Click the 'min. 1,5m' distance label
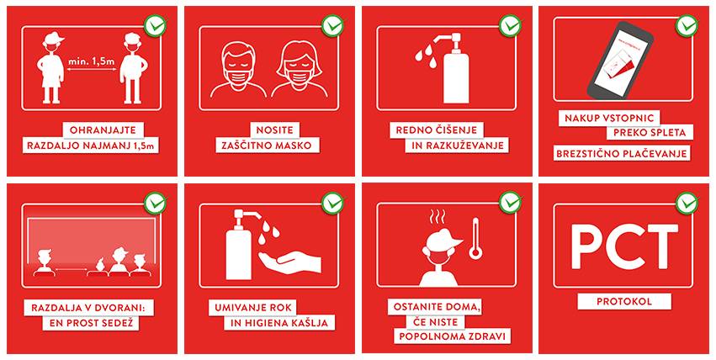click(x=91, y=61)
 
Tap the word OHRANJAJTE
click(x=103, y=130)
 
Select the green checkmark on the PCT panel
click(x=687, y=203)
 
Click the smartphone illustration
click(x=620, y=60)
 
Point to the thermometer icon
click(x=475, y=238)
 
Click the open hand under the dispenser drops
click(x=289, y=262)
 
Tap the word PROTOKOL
click(x=624, y=302)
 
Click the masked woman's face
click(x=299, y=66)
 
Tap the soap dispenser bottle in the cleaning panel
click(x=454, y=69)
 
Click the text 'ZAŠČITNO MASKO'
click(x=267, y=146)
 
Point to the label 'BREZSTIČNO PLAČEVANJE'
click(x=622, y=154)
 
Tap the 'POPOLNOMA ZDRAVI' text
click(x=452, y=336)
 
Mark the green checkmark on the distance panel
click(x=156, y=25)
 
